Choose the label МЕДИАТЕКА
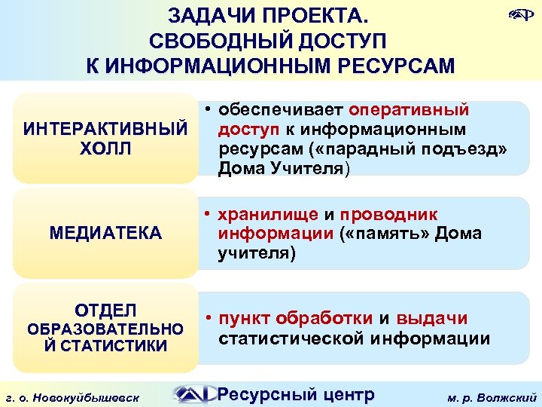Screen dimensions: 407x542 pos(105,233)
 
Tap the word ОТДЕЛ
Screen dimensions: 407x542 pos(105,310)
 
